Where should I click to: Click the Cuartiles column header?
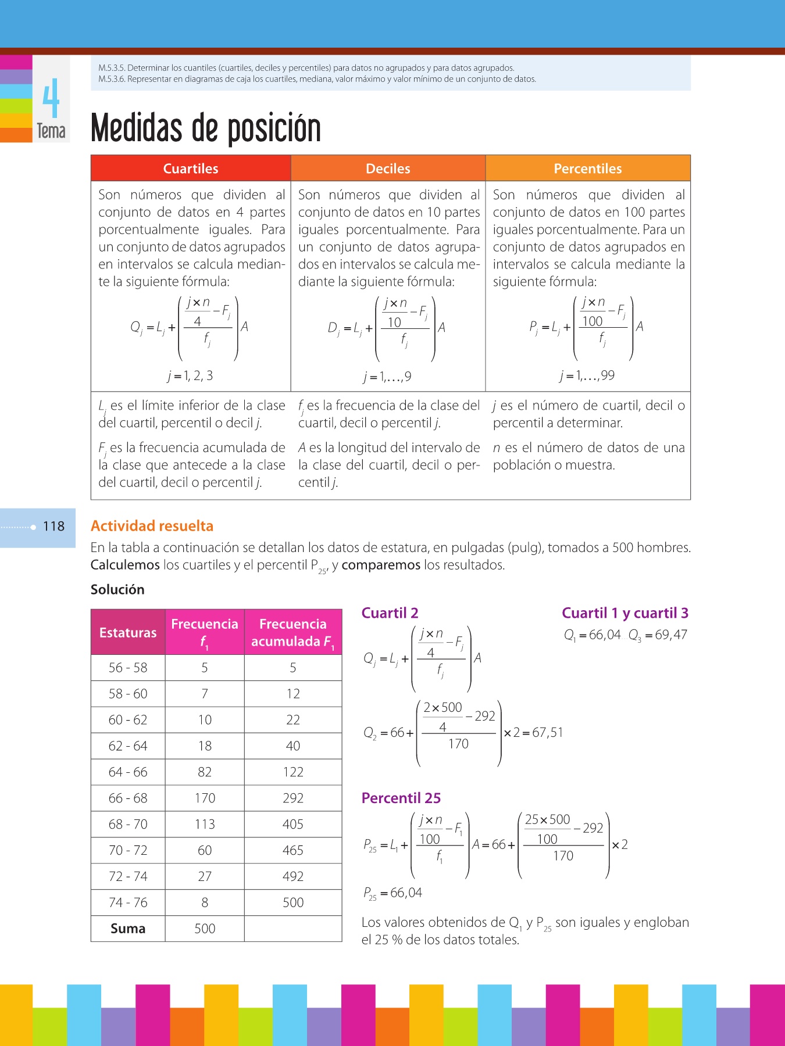pyautogui.click(x=191, y=169)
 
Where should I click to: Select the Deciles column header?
pyautogui.click(x=388, y=169)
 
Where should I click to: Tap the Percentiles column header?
pyautogui.click(x=587, y=169)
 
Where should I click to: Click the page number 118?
pyautogui.click(x=53, y=526)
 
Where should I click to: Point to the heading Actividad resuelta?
pyautogui.click(x=152, y=526)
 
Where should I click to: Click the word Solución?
pyautogui.click(x=117, y=589)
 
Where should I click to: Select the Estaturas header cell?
pyautogui.click(x=128, y=632)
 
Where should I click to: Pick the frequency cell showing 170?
pyautogui.click(x=205, y=798)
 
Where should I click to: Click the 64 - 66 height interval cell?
pyautogui.click(x=128, y=772)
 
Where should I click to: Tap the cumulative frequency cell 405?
pyautogui.click(x=293, y=824)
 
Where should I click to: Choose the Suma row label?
pyautogui.click(x=128, y=929)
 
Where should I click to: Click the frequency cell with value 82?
pyautogui.click(x=205, y=772)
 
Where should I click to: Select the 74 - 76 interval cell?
pyautogui.click(x=128, y=902)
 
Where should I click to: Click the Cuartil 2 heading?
pyautogui.click(x=390, y=613)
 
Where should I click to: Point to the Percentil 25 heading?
pyautogui.click(x=401, y=798)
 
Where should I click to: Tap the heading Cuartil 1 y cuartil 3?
pyautogui.click(x=625, y=613)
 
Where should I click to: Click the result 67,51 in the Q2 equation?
pyautogui.click(x=547, y=733)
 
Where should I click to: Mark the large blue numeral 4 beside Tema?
pyautogui.click(x=51, y=99)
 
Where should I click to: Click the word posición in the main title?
pyautogui.click(x=274, y=128)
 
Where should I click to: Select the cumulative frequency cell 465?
pyautogui.click(x=293, y=850)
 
